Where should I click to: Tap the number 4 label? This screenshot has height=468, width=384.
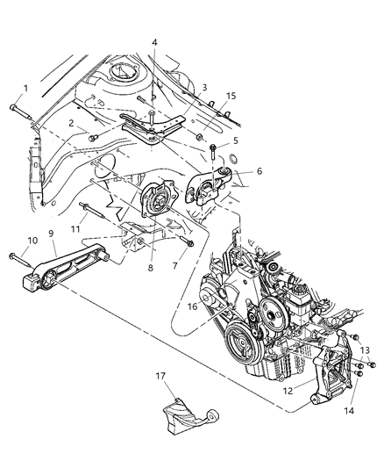coord(153,41)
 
